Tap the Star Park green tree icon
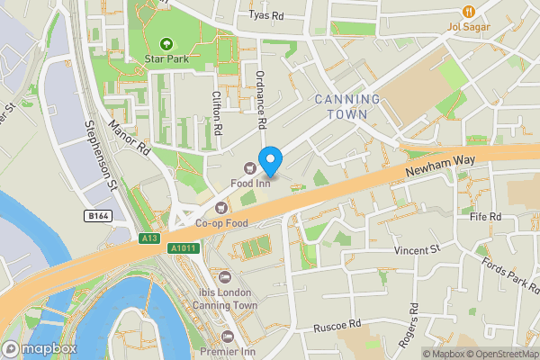click(166, 43)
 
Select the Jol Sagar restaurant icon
click(468, 11)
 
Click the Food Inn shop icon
click(249, 165)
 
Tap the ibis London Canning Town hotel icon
click(225, 276)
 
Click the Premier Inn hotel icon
click(226, 336)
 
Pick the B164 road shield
click(98, 216)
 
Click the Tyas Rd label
click(265, 15)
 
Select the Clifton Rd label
click(218, 113)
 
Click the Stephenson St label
click(100, 157)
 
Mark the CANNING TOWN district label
click(346, 106)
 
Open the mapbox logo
click(40, 348)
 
